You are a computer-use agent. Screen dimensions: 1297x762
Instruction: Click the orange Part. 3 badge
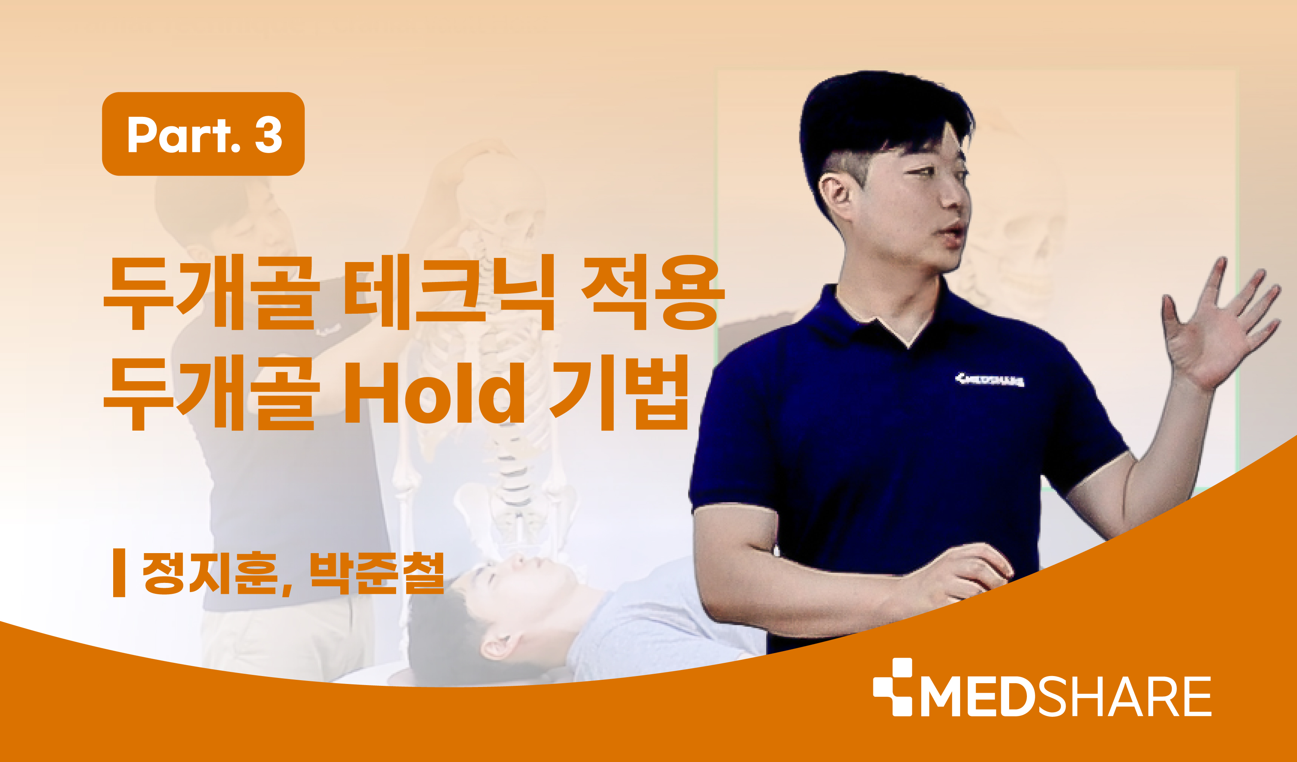pyautogui.click(x=203, y=134)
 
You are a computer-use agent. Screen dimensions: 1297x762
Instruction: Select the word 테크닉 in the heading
pyautogui.click(x=448, y=292)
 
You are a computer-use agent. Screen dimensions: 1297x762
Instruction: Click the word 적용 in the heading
pyautogui.click(x=653, y=292)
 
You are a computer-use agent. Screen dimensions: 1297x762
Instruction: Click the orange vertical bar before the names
pyautogui.click(x=119, y=573)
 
